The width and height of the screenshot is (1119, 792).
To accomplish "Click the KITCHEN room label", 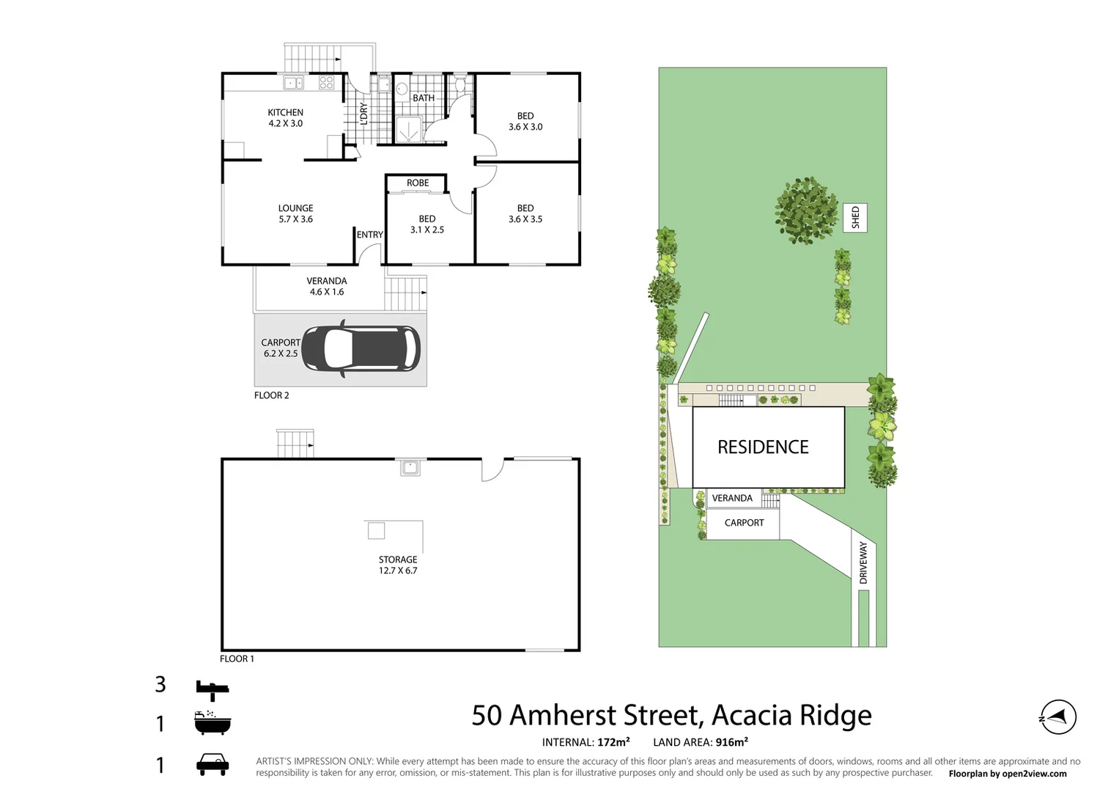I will [x=285, y=113].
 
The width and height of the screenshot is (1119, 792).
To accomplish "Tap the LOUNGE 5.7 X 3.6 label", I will [x=295, y=213].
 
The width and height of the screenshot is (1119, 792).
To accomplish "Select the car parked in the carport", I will [x=361, y=348].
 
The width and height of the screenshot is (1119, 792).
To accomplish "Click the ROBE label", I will [x=418, y=183].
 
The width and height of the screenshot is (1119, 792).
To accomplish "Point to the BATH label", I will [x=424, y=98].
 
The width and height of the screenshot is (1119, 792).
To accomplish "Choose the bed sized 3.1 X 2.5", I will [x=427, y=224].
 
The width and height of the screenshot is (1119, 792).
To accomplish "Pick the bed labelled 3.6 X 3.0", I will [x=525, y=122].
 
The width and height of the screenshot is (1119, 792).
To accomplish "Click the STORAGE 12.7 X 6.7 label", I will [x=398, y=565].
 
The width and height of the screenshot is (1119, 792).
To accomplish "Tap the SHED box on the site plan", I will [x=855, y=218].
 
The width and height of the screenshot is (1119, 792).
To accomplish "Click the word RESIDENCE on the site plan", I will [x=763, y=447].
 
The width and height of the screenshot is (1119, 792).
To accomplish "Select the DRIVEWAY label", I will [x=863, y=563].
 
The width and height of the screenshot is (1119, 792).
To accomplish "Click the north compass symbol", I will [x=1058, y=717].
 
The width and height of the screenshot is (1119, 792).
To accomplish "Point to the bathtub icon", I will [x=213, y=723].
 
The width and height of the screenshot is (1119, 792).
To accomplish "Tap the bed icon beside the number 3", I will [x=213, y=689].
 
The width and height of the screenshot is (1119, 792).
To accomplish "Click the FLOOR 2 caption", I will [x=272, y=395].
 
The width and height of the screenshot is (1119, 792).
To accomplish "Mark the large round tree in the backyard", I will [x=806, y=210].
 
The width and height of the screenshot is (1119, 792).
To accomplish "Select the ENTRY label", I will [x=370, y=235].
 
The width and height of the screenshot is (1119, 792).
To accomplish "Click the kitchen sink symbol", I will [x=294, y=83].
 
